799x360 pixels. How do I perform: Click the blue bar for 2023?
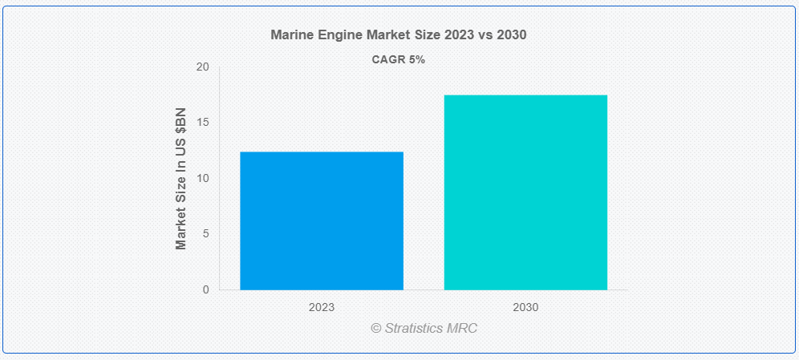click(x=322, y=220)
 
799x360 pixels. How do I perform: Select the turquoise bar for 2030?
click(x=525, y=192)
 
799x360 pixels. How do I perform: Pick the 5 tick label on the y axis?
click(x=205, y=234)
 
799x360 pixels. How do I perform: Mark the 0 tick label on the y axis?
click(x=205, y=289)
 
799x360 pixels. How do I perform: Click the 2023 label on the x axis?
click(x=322, y=307)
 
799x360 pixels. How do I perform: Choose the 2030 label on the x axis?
click(x=525, y=307)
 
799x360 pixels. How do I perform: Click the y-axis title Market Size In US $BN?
click(x=181, y=178)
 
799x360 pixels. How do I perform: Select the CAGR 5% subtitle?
click(x=399, y=59)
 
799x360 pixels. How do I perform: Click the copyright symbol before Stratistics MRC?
click(x=375, y=328)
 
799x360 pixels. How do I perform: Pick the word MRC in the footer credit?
click(x=463, y=328)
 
